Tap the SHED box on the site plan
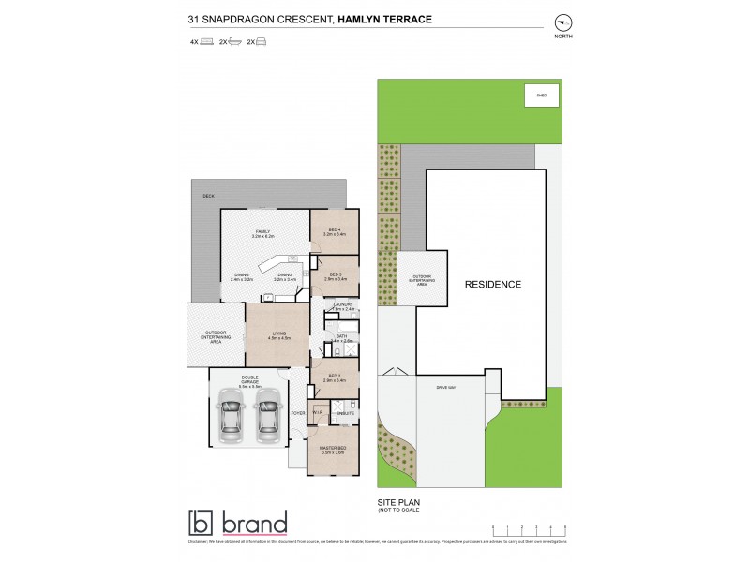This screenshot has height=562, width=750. point(542,96)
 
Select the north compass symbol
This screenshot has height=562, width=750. point(562,22)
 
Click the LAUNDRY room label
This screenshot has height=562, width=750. point(341,305)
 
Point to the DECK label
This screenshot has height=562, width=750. point(208,196)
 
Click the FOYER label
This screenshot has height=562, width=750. point(298,412)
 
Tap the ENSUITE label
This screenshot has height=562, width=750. point(344,412)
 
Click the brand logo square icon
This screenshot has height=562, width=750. point(202,523)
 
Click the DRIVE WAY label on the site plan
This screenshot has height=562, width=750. point(444,386)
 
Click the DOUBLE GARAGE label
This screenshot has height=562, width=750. point(249,379)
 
